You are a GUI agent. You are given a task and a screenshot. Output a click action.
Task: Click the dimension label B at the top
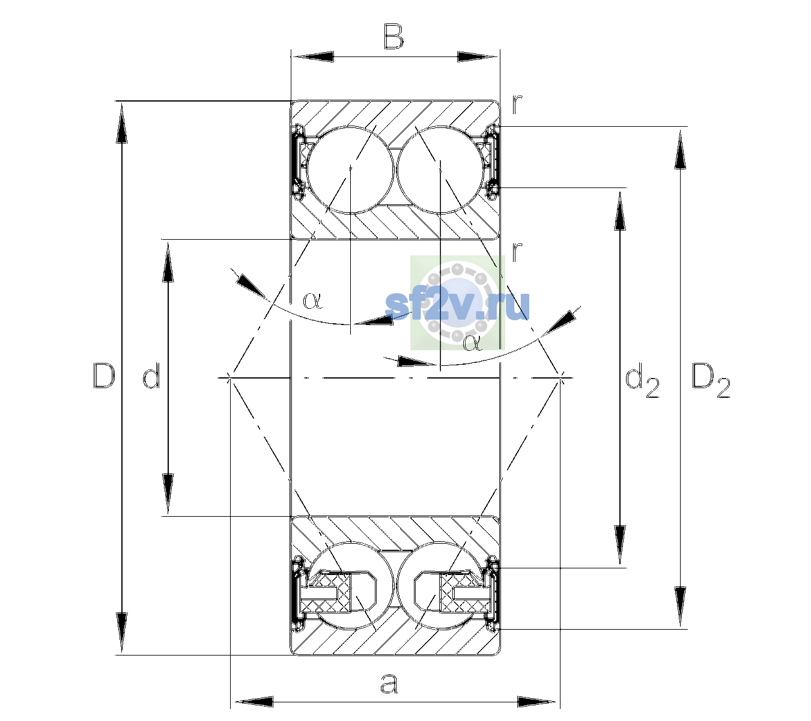click(393, 37)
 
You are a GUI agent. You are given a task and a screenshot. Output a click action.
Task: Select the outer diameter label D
click(104, 376)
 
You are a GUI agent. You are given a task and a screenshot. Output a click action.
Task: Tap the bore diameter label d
click(151, 375)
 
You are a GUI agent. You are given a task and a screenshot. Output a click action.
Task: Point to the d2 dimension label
click(642, 380)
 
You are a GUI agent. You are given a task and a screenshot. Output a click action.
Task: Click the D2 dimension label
click(711, 380)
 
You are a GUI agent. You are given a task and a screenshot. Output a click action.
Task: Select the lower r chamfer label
click(517, 251)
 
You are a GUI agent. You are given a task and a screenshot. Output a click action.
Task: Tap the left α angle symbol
click(312, 300)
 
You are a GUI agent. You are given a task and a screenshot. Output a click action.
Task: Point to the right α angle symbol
click(473, 343)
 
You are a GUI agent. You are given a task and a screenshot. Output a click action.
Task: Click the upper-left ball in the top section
click(351, 170)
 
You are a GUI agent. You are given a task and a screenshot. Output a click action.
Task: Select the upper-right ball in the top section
click(440, 170)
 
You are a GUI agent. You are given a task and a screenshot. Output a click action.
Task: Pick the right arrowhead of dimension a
click(537, 702)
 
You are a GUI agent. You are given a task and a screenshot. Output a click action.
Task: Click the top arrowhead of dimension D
click(122, 122)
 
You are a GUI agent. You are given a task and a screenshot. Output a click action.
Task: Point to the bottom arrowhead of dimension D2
click(680, 606)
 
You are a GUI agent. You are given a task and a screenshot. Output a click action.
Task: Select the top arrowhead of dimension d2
click(620, 210)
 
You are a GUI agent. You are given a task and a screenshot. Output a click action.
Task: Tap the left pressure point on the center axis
click(229, 377)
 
